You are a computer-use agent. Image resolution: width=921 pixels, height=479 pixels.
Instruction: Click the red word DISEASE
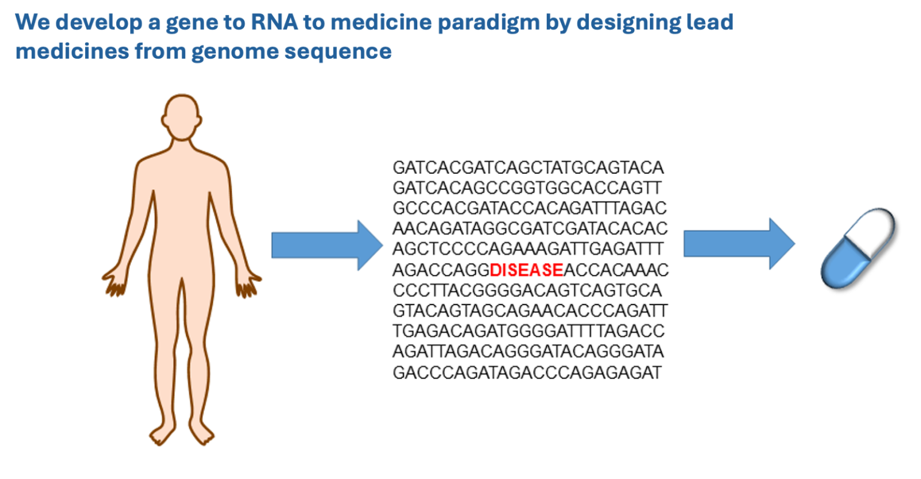[x=526, y=270]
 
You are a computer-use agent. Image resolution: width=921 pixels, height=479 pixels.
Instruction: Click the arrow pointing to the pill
[x=739, y=244]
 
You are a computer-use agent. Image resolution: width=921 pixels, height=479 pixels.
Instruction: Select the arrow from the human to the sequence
[x=327, y=245]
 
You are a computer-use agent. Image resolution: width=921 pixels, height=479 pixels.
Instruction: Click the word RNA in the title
[x=274, y=22]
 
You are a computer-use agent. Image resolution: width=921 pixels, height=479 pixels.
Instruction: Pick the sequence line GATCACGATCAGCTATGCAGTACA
[x=528, y=168]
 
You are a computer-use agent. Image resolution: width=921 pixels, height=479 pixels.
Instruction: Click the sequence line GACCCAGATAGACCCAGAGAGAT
[x=527, y=373]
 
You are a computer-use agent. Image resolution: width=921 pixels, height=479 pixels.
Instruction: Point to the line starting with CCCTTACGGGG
[x=527, y=291]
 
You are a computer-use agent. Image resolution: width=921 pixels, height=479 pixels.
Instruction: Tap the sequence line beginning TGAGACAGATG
[x=529, y=331]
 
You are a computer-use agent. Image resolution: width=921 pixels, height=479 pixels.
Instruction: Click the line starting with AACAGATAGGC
[x=530, y=228]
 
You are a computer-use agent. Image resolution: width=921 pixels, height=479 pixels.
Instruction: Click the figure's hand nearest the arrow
[x=248, y=284]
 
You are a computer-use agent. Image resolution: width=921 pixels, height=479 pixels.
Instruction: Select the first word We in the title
[x=32, y=22]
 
